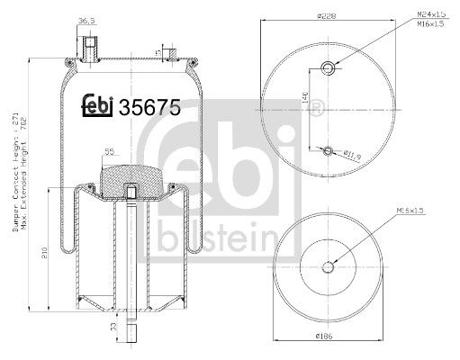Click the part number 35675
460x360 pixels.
pyautogui.click(x=151, y=106)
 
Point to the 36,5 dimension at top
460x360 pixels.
pyautogui.click(x=87, y=19)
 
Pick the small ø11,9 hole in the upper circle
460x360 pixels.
pyautogui.click(x=329, y=149)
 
